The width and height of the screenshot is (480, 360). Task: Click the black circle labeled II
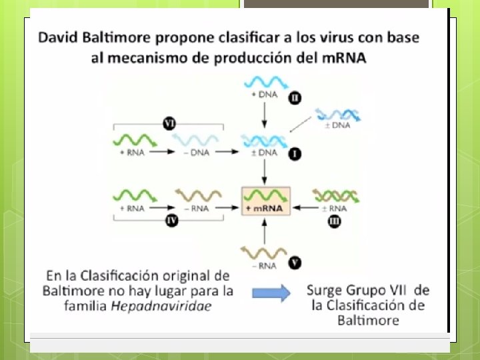[x=294, y=98]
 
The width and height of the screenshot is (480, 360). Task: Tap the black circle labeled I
[x=295, y=155]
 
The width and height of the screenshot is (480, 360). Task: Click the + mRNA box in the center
[x=265, y=201]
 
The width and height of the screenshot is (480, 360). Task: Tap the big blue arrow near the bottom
[x=270, y=293]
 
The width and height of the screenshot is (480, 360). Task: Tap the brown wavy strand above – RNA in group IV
[x=198, y=195]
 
